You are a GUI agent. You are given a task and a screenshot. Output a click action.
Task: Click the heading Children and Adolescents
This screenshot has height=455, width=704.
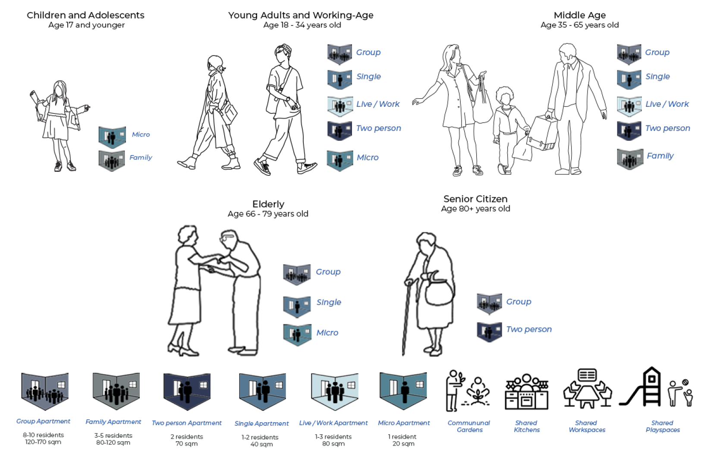[x=85, y=15]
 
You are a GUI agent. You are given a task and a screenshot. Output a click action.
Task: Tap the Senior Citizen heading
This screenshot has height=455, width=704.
[x=475, y=199]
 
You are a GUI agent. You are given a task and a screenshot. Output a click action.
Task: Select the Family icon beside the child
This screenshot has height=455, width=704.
[x=112, y=160]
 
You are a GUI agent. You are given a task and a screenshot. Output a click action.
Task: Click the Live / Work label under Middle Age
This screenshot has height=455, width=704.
[x=667, y=104]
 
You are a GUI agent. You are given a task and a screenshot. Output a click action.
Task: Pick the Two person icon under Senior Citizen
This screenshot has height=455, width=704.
[x=489, y=331]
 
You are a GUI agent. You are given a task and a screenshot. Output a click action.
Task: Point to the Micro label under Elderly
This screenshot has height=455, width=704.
[x=327, y=333]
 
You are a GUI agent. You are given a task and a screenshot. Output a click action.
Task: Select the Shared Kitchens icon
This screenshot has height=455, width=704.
[x=526, y=392]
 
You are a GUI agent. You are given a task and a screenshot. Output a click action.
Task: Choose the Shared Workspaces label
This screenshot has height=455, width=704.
[x=587, y=426]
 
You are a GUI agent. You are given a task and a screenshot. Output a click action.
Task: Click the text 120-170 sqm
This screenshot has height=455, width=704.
[x=43, y=442]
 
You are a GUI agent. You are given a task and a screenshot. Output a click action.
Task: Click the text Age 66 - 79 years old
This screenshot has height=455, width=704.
[x=268, y=214]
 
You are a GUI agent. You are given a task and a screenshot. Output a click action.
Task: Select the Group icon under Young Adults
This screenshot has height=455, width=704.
[x=339, y=54]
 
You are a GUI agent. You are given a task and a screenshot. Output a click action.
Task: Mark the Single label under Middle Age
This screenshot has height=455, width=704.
[x=657, y=76]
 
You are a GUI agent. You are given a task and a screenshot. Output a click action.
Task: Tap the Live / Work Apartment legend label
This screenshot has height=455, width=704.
[x=333, y=423]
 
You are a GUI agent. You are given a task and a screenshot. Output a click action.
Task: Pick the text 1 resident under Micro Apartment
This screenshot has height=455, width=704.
[x=403, y=436]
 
